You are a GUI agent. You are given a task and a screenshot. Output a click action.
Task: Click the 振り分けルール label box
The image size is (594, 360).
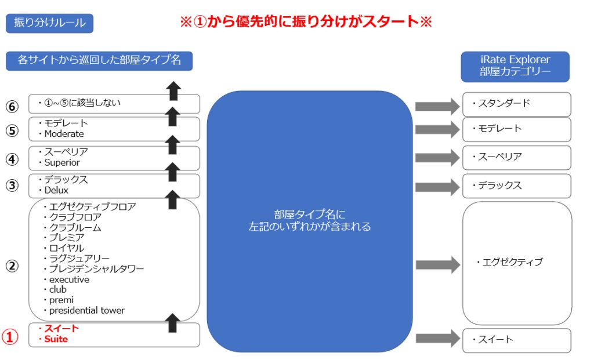click(x=49, y=23)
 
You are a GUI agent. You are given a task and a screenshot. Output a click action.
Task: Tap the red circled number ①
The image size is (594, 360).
click(x=11, y=337)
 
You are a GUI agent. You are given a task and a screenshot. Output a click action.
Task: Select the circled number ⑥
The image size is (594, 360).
click(x=12, y=107)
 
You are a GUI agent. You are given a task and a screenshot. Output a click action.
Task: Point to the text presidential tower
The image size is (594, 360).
click(x=86, y=310)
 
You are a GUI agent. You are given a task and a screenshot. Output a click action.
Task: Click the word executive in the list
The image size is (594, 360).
click(x=69, y=279)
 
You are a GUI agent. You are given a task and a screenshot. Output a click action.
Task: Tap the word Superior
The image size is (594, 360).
click(x=62, y=162)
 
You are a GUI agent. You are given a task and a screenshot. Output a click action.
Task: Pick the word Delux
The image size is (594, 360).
click(x=56, y=190)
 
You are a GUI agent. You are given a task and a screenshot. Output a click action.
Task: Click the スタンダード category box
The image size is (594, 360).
click(x=516, y=104)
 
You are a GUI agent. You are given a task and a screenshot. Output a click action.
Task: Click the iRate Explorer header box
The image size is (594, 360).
click(x=515, y=66)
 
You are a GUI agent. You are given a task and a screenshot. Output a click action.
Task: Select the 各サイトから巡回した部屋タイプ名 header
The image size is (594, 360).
click(x=99, y=60)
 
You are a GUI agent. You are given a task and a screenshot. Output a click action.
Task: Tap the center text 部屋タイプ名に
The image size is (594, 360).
click(x=309, y=214)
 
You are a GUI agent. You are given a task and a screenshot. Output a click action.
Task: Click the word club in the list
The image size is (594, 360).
click(x=57, y=289)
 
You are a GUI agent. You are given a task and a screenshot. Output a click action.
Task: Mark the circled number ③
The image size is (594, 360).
click(x=12, y=186)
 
